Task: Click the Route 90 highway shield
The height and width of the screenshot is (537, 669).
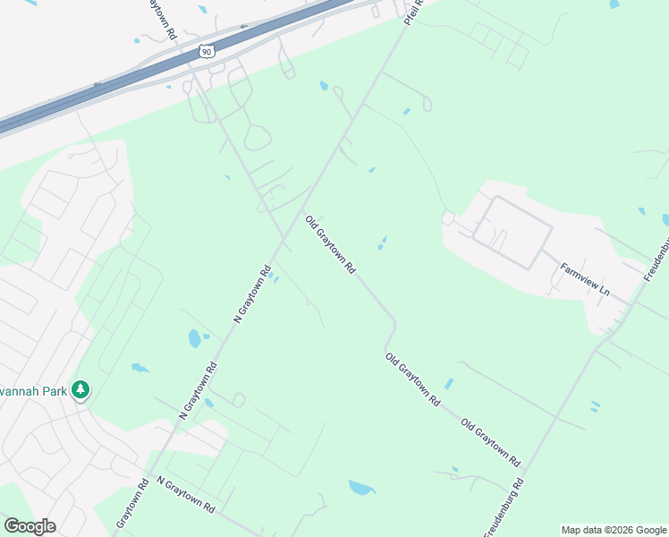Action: click(x=207, y=52)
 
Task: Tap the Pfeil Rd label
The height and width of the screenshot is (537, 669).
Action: click(x=412, y=13)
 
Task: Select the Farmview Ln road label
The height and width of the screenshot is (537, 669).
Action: click(x=585, y=280)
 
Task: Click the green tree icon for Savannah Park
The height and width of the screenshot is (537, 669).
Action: click(x=81, y=389)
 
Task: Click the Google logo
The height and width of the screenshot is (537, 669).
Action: click(x=30, y=526)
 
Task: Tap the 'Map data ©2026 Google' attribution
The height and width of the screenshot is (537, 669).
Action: click(x=614, y=530)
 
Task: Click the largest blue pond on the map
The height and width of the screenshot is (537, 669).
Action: click(x=361, y=488)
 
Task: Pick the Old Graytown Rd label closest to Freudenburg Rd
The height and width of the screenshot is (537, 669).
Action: click(x=490, y=441)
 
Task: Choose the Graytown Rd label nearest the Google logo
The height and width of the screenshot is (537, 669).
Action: click(x=130, y=506)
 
